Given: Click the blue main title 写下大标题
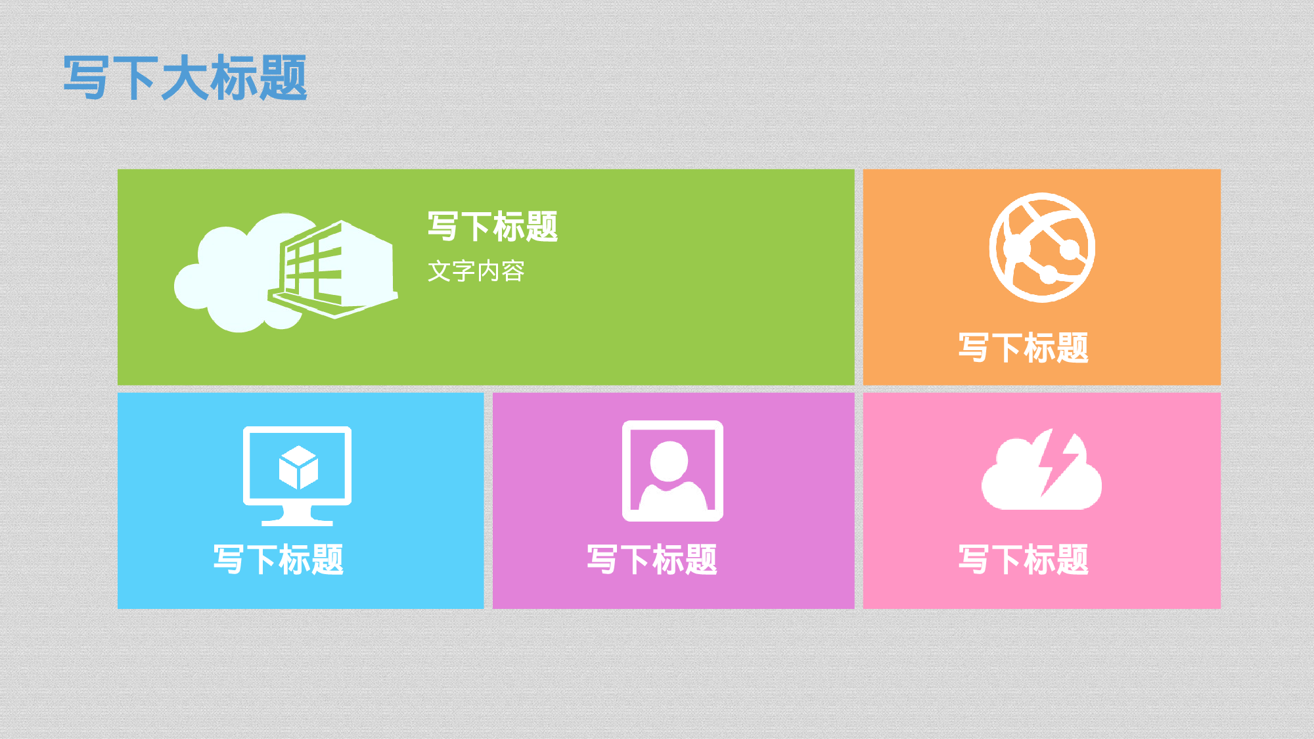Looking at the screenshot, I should (x=185, y=78).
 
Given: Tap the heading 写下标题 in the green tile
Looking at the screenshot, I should (x=493, y=227).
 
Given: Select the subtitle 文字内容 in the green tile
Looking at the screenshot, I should (x=476, y=271).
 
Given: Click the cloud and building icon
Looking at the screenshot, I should (x=286, y=273).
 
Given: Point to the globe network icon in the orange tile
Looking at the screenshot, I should (x=1042, y=248).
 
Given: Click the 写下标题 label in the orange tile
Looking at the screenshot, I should (x=1024, y=347).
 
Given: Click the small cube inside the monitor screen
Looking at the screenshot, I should (x=298, y=468).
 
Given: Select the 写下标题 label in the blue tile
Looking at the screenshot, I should (x=279, y=560).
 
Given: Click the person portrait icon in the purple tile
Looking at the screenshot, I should (x=673, y=471).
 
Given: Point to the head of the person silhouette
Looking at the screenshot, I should (x=669, y=460).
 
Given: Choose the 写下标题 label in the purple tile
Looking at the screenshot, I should (x=652, y=560).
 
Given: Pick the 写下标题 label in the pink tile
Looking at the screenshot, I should (x=1024, y=560).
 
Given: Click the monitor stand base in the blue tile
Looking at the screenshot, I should (x=297, y=520).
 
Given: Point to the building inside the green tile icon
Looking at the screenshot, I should (x=335, y=269).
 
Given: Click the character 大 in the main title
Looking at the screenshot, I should (x=185, y=78).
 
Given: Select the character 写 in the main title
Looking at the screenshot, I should (x=86, y=78).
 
